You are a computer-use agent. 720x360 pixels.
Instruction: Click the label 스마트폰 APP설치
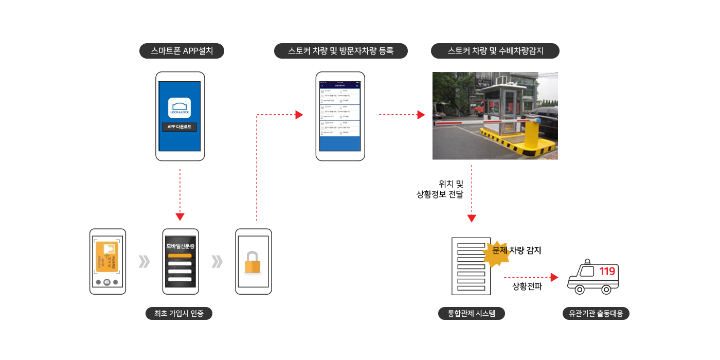182,51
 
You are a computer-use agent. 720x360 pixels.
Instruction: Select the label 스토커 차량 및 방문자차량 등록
340,51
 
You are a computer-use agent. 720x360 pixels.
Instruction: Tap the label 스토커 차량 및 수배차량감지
495,51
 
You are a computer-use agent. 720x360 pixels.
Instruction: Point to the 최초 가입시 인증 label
178,313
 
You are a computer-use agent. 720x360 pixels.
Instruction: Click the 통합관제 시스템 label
471,313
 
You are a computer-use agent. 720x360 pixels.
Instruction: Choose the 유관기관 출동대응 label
596,313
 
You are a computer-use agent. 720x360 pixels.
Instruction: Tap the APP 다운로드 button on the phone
179,127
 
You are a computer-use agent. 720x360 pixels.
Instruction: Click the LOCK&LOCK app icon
179,108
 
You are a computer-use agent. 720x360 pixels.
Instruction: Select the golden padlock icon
253,262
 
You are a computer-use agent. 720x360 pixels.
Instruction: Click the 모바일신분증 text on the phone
180,246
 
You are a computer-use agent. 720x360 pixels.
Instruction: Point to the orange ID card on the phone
106,258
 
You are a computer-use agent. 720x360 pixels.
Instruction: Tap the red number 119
607,271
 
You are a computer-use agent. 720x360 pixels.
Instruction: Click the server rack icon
471,266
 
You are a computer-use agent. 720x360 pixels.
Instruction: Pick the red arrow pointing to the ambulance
531,277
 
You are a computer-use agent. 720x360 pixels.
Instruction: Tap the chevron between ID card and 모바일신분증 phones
144,262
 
